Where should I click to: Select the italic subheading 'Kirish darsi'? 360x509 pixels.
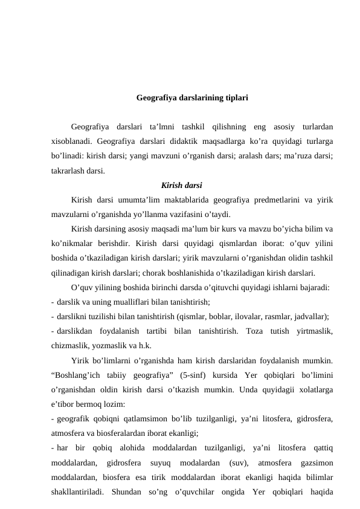tap(182, 184)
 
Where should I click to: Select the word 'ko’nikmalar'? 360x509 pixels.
tap(74, 242)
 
